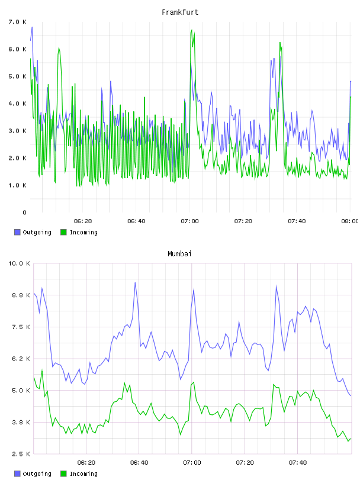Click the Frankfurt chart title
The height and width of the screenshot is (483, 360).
pyautogui.click(x=180, y=12)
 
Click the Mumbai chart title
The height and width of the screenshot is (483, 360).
pyautogui.click(x=179, y=254)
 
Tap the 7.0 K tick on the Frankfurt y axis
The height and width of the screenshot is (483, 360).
pyautogui.click(x=18, y=22)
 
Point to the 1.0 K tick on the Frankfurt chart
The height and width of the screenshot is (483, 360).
pyautogui.click(x=18, y=185)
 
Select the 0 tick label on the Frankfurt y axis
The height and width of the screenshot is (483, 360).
pyautogui.click(x=24, y=212)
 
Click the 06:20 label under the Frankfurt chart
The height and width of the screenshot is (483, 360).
pyautogui.click(x=83, y=221)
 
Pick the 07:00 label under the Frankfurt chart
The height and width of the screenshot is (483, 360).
pyautogui.click(x=190, y=221)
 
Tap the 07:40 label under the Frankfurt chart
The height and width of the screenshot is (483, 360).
pyautogui.click(x=297, y=221)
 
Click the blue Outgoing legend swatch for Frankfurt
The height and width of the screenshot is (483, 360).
pyautogui.click(x=17, y=232)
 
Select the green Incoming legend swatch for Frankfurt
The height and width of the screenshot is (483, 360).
pyautogui.click(x=63, y=232)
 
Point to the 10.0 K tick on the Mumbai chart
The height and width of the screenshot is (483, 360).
pyautogui.click(x=19, y=263)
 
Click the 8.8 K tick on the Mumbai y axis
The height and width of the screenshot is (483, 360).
pyautogui.click(x=21, y=295)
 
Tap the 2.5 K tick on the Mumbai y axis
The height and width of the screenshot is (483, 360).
pyautogui.click(x=21, y=454)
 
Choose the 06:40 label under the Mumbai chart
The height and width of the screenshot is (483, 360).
pyautogui.click(x=139, y=462)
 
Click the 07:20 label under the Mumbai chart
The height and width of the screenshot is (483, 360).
pyautogui.click(x=245, y=462)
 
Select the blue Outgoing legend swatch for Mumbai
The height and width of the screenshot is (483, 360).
pyautogui.click(x=17, y=474)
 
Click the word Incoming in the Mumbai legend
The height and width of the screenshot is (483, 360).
pyautogui.click(x=83, y=474)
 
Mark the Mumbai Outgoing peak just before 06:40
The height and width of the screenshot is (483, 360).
pyautogui.click(x=135, y=282)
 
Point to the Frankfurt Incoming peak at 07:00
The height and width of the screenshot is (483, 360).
pyautogui.click(x=192, y=30)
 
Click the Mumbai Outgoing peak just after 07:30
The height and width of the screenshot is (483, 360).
pyautogui.click(x=276, y=285)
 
